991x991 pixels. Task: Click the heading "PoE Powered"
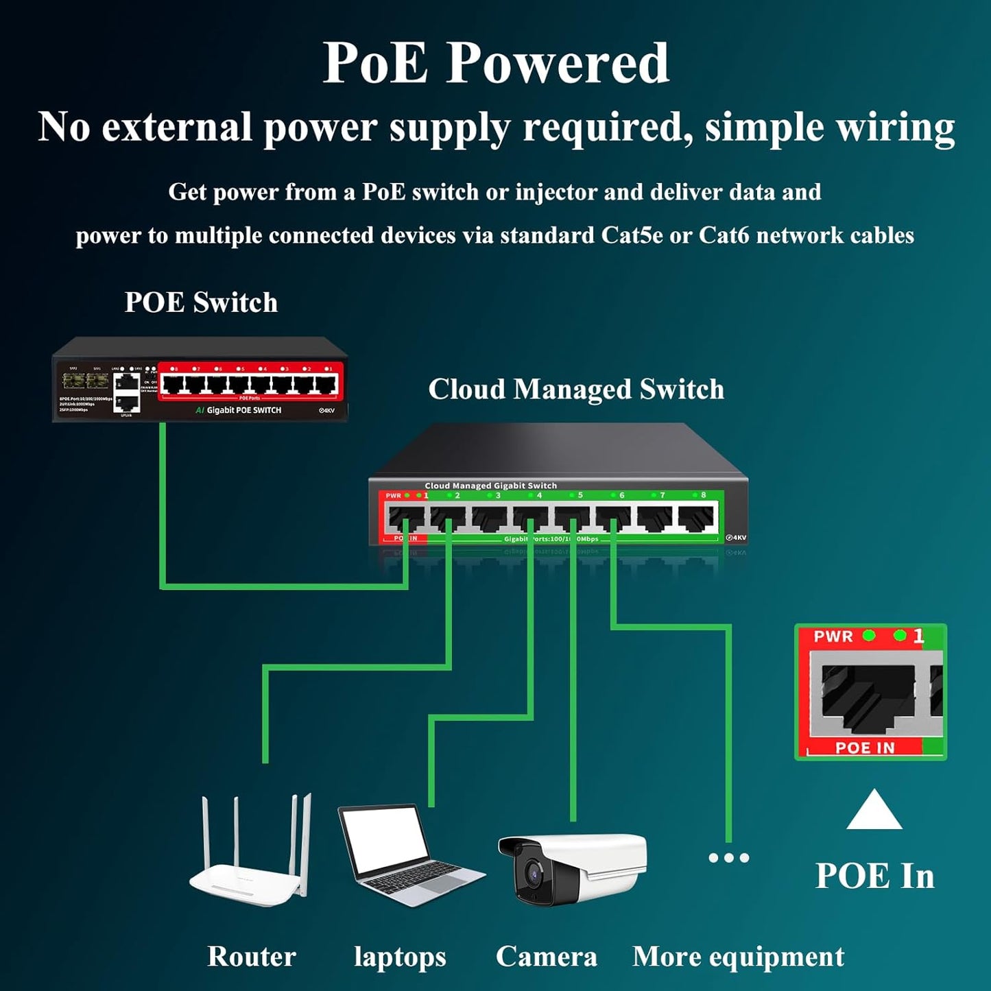click(x=495, y=63)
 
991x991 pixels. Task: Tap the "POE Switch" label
click(x=201, y=302)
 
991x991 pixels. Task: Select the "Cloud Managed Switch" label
click(x=576, y=389)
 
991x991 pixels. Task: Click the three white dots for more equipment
click(x=728, y=857)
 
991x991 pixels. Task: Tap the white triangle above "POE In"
click(x=874, y=811)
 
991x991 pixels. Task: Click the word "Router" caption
click(x=252, y=956)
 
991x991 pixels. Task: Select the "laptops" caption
click(x=400, y=957)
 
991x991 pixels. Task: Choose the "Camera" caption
click(x=547, y=957)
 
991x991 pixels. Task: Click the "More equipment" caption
click(x=738, y=957)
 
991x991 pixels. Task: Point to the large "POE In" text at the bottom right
click(x=874, y=876)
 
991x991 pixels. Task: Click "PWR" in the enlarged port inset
click(x=833, y=636)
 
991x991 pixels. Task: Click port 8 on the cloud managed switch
click(x=696, y=518)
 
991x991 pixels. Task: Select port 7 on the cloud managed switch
click(x=655, y=518)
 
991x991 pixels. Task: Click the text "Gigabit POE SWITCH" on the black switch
click(x=243, y=410)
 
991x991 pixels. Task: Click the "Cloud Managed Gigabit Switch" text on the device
click(x=490, y=486)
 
